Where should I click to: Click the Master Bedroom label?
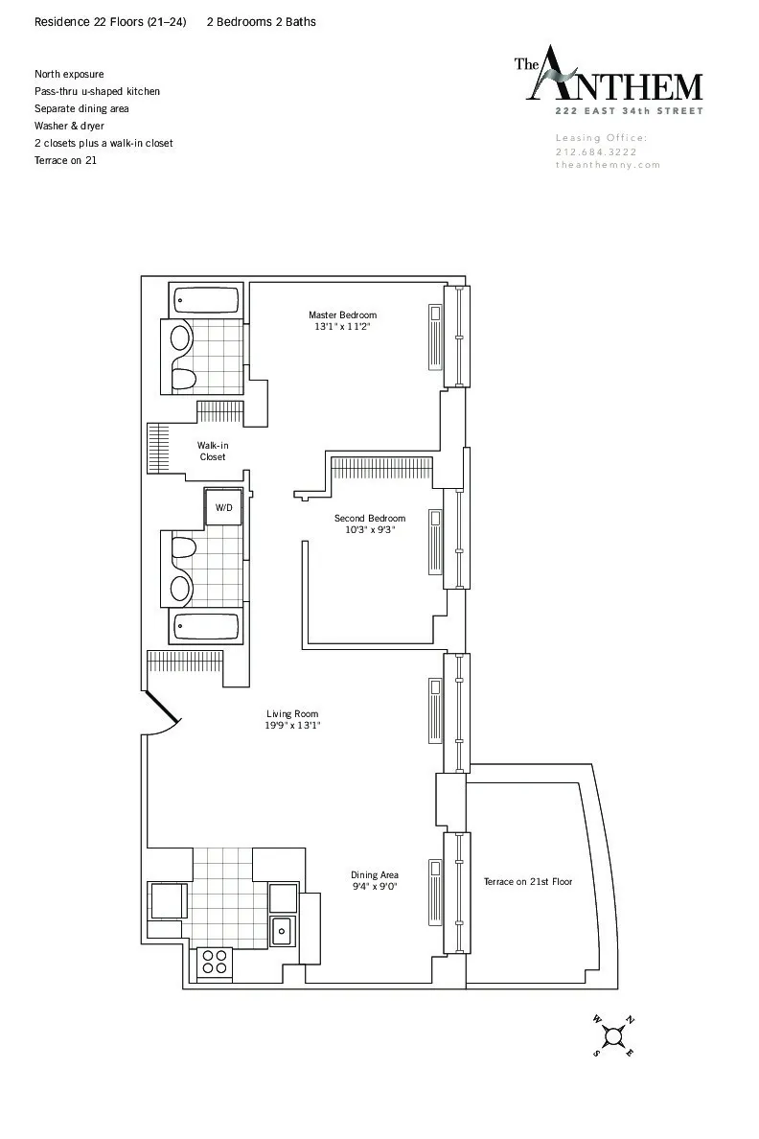[x=342, y=314]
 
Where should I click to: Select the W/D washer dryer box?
[x=223, y=507]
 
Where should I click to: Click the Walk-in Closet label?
[x=213, y=451]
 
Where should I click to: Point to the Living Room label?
[x=292, y=713]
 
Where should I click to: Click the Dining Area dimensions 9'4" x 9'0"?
[x=374, y=887]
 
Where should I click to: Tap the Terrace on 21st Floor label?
[x=527, y=881]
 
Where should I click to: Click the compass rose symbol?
[x=613, y=1034]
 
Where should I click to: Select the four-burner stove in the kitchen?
[x=215, y=963]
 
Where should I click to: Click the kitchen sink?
[x=283, y=929]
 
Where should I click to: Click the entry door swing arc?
[x=163, y=715]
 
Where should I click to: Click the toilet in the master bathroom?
[x=182, y=380]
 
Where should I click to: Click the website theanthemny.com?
[x=608, y=165]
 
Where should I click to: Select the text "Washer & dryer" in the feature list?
[x=69, y=126]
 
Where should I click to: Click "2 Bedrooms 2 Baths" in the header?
[x=261, y=21]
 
